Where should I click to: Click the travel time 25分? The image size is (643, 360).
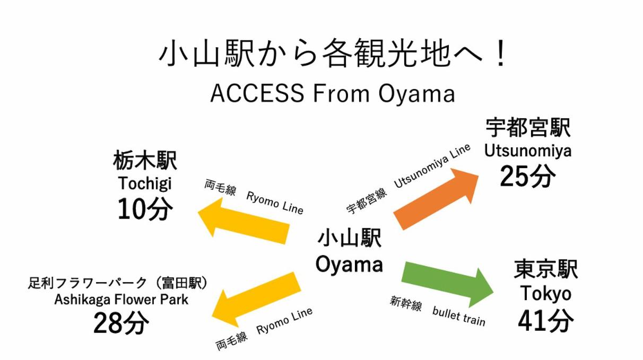pos(527,176)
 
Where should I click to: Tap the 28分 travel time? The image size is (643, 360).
pos(121,323)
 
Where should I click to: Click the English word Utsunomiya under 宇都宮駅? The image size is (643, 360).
pos(527,151)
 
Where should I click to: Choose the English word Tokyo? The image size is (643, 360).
pos(545,293)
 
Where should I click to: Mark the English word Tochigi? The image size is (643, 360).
pos(145,183)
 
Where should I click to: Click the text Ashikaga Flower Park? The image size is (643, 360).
pos(121,300)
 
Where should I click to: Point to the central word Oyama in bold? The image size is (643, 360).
pos(349,264)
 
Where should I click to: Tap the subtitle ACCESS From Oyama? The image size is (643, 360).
pos(333,93)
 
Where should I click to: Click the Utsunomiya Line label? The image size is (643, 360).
pos(432,166)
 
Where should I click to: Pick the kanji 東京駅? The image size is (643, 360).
pos(545,269)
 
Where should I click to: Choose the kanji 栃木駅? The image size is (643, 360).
pos(145,160)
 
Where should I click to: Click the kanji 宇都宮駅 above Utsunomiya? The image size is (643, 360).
pos(527,128)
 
